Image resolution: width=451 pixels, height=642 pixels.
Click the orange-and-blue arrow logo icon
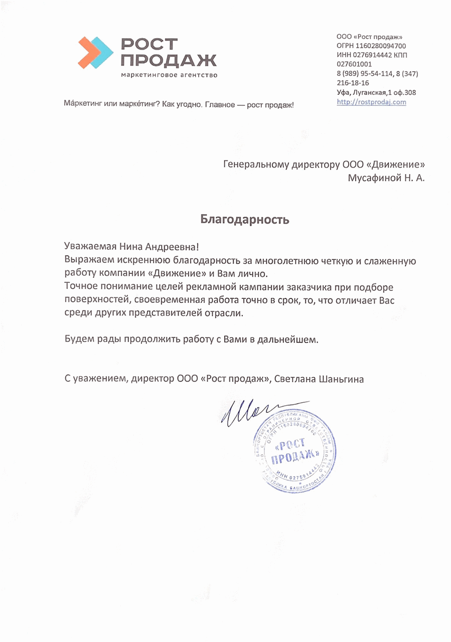[x=95, y=52]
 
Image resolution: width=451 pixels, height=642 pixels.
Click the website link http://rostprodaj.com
[x=371, y=102]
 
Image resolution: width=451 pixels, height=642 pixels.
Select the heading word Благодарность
[x=245, y=219]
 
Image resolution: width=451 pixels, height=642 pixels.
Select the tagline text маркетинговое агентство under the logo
[x=169, y=75]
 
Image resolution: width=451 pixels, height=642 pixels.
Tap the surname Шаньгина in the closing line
[x=341, y=379]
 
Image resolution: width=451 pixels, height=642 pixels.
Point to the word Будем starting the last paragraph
[x=79, y=340]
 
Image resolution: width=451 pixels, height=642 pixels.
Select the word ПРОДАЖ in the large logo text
[x=169, y=61]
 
